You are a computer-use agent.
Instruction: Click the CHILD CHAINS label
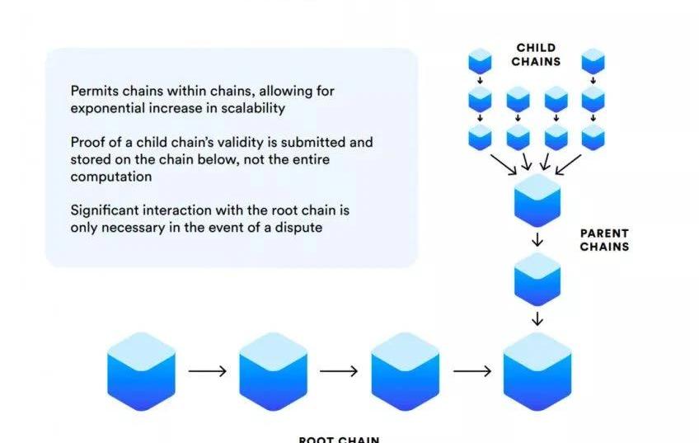[x=536, y=54]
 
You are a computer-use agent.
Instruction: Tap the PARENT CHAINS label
[x=604, y=240]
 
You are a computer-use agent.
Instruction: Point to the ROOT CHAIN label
[x=339, y=439]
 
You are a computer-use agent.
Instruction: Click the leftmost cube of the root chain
[x=141, y=371]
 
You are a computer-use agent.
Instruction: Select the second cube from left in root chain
[x=273, y=371]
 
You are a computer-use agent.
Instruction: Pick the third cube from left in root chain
[x=405, y=371]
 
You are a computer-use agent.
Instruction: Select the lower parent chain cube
[x=537, y=280]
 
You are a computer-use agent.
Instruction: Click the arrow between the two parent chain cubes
[x=537, y=240]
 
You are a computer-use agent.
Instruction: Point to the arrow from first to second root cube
[x=207, y=371]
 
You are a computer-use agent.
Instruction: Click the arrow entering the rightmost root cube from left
[x=471, y=371]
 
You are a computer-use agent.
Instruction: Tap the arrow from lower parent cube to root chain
[x=537, y=318]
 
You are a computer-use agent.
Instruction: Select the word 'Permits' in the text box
[x=94, y=91]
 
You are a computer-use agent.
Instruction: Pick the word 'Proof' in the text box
[x=88, y=143]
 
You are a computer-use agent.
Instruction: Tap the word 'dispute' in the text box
[x=297, y=227]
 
